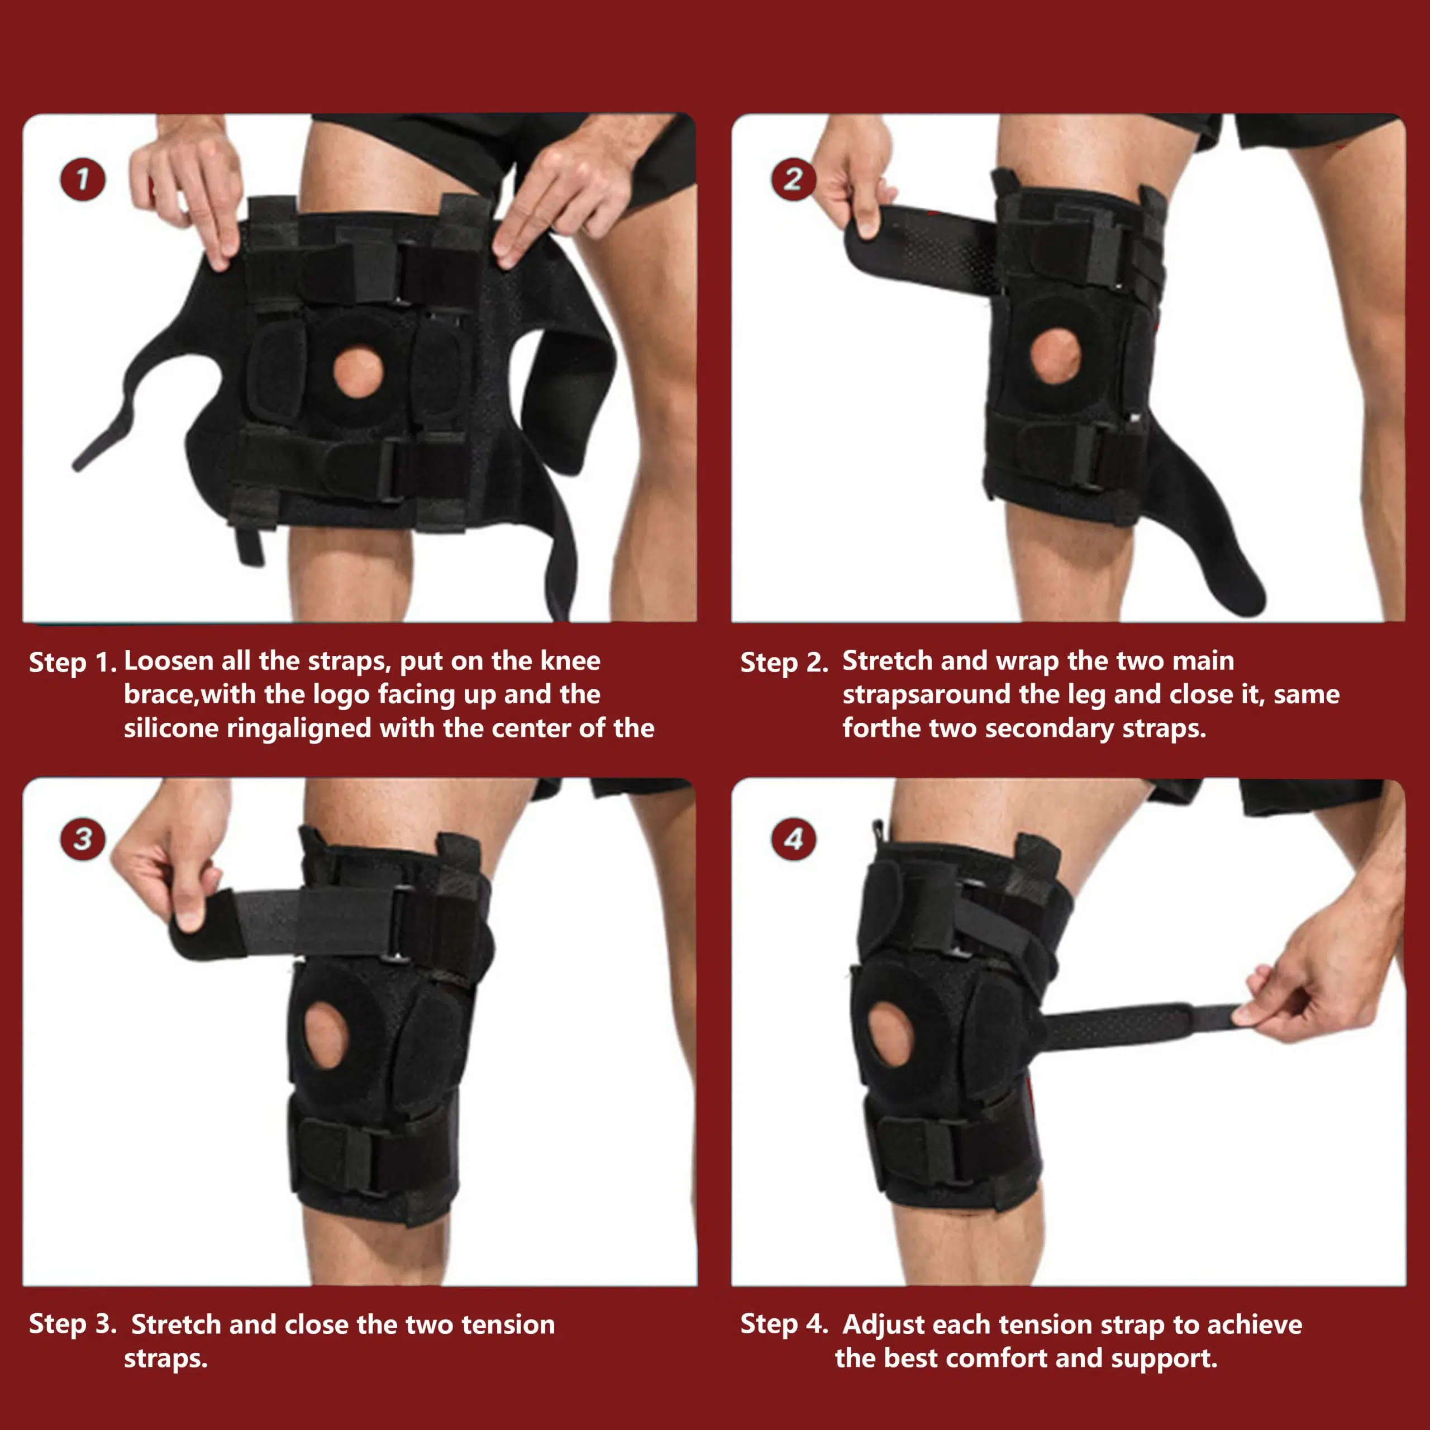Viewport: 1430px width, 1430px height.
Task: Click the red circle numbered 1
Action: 82,180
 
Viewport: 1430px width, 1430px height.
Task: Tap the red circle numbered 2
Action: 793,180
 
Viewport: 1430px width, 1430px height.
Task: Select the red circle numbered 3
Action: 82,838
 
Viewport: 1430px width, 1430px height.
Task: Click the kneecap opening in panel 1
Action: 358,373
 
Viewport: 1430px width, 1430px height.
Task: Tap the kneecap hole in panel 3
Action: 326,1035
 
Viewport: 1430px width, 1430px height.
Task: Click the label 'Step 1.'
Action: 72,662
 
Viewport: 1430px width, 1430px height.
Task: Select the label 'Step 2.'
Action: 783,662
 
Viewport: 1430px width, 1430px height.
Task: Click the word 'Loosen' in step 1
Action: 168,660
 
